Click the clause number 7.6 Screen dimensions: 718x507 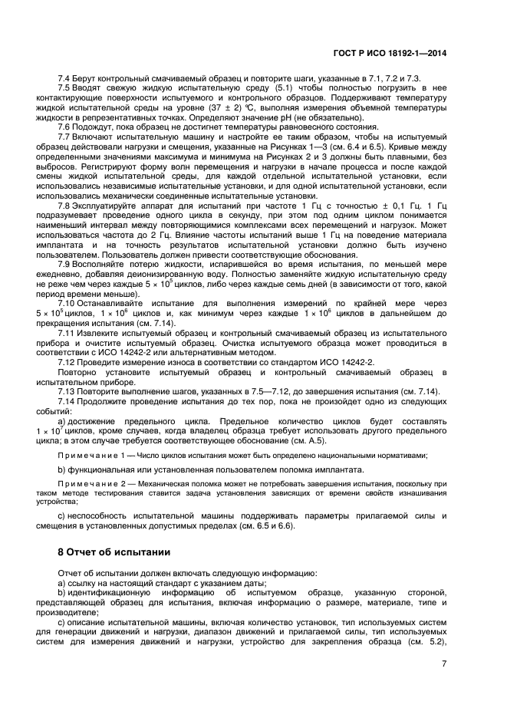click(64, 127)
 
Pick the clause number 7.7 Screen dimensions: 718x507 click(64, 136)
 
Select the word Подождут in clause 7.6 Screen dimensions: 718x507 click(94, 127)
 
